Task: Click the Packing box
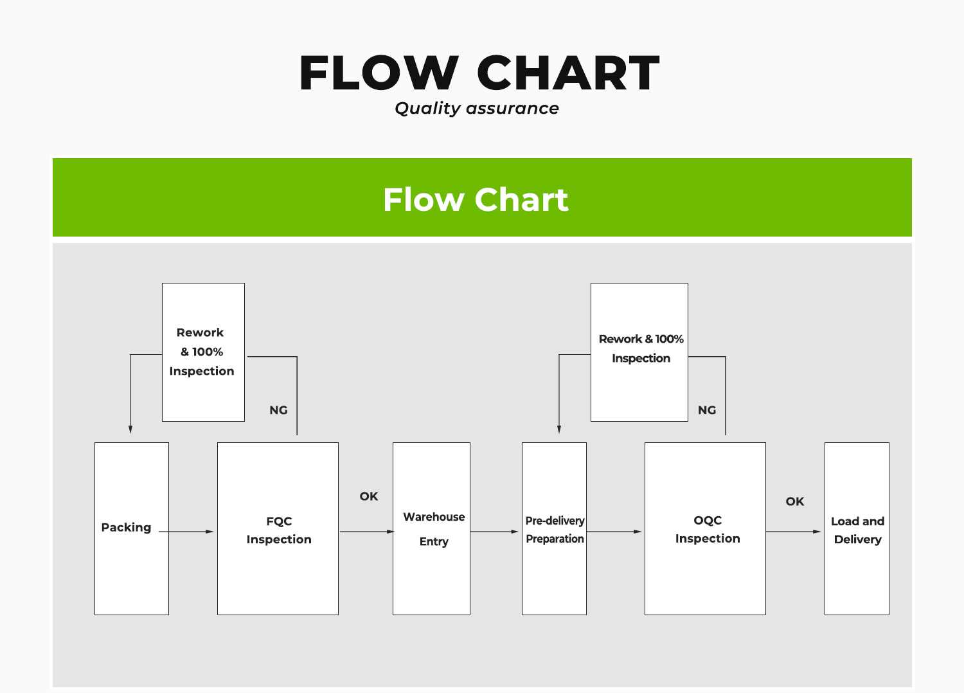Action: pyautogui.click(x=132, y=528)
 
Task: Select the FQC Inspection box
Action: pyautogui.click(x=278, y=528)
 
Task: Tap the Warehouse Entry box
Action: pyautogui.click(x=432, y=528)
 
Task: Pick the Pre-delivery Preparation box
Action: pyautogui.click(x=554, y=528)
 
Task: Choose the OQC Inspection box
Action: pyautogui.click(x=706, y=528)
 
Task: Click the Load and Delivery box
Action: pyautogui.click(x=857, y=528)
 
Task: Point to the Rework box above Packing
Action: pyautogui.click(x=204, y=352)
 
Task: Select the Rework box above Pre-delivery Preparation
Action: pyautogui.click(x=639, y=352)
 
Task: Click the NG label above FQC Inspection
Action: pyautogui.click(x=278, y=410)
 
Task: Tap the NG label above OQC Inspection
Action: pyautogui.click(x=707, y=410)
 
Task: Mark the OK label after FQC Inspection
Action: pyautogui.click(x=369, y=496)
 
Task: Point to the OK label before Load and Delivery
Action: pyautogui.click(x=795, y=501)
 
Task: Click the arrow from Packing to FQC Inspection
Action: pyautogui.click(x=186, y=532)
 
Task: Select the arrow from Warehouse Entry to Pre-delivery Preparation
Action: pyautogui.click(x=494, y=532)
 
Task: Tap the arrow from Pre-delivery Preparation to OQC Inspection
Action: pyautogui.click(x=614, y=532)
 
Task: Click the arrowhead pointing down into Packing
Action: pyautogui.click(x=130, y=429)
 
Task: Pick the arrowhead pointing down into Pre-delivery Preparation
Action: pyautogui.click(x=559, y=429)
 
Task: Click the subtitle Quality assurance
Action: pyautogui.click(x=477, y=109)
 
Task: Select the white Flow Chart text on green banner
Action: pyautogui.click(x=476, y=200)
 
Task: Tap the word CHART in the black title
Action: pyautogui.click(x=568, y=73)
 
